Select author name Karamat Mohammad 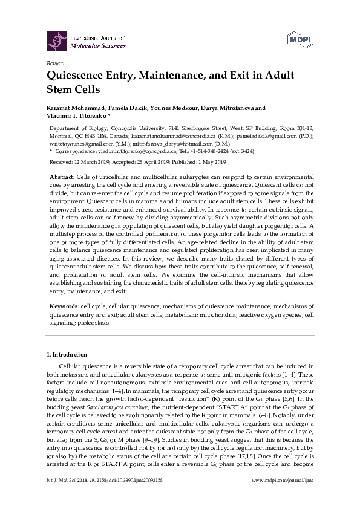(71, 109)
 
